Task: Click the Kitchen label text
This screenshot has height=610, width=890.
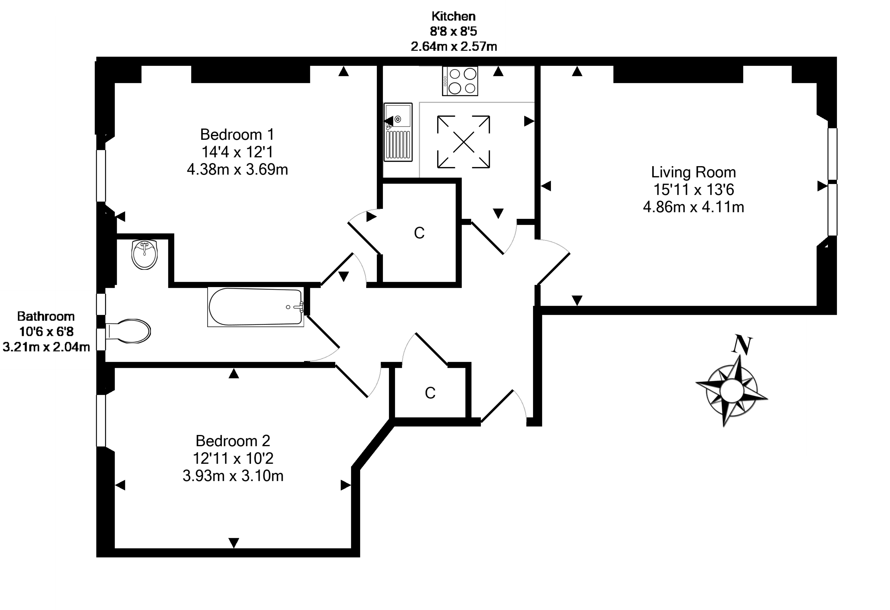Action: [x=453, y=16]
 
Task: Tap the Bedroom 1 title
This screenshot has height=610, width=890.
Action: [x=237, y=134]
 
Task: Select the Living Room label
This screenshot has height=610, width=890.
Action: [x=693, y=172]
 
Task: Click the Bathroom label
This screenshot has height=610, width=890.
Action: [x=46, y=316]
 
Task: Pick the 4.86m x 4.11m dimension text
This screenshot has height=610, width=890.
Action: [x=693, y=207]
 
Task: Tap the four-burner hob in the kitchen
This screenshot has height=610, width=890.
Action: [x=460, y=81]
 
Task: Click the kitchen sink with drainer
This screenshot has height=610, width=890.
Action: [x=398, y=132]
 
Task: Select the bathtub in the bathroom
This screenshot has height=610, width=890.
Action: [x=256, y=307]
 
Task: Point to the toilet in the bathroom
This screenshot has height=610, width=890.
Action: [x=128, y=331]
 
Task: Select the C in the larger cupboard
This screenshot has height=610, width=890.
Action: [x=419, y=233]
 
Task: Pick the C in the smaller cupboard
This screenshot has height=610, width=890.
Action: [x=430, y=393]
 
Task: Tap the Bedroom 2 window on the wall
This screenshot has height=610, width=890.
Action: [x=101, y=421]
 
